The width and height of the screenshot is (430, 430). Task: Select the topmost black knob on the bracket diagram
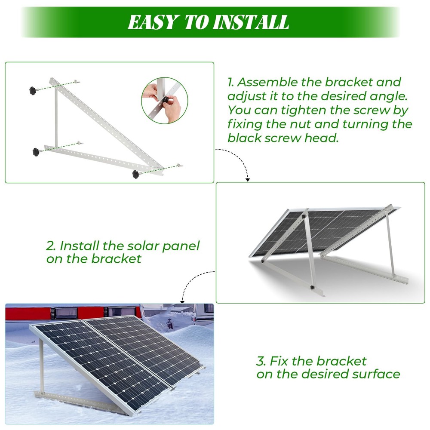tap(33, 90)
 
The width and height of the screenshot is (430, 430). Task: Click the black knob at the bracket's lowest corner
tap(136, 174)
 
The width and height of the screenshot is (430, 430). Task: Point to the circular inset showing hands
tap(164, 101)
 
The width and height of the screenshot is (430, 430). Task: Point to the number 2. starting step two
tap(51, 246)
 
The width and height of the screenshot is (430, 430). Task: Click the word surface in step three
tap(378, 374)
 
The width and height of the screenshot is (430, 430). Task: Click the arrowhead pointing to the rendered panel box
tap(248, 179)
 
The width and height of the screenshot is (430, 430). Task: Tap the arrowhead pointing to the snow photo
tap(182, 301)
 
